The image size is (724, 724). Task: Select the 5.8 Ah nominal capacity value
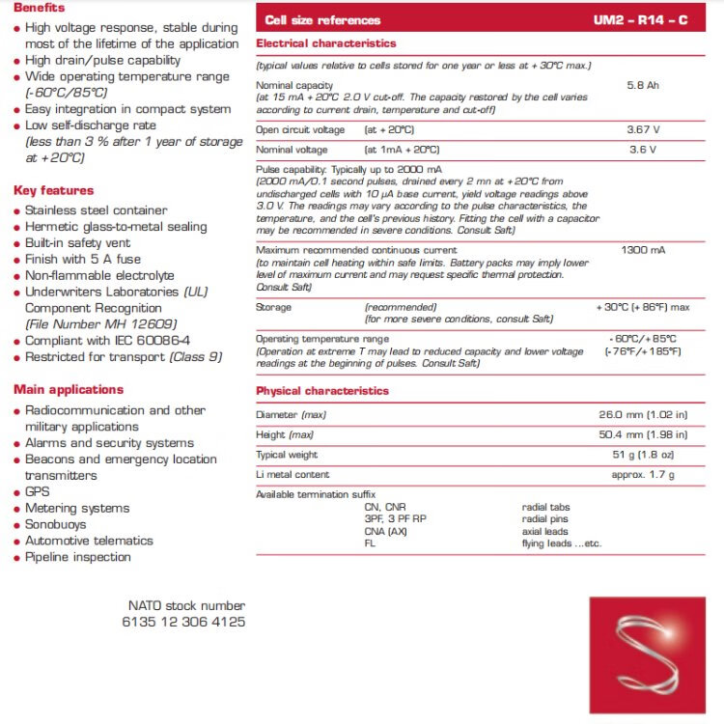[643, 86]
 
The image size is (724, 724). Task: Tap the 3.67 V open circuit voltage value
[643, 129]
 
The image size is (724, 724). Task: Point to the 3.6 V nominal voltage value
[643, 150]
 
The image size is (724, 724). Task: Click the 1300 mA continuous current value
[643, 250]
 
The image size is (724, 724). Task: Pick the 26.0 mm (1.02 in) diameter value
[643, 415]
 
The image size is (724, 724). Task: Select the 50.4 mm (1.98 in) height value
[643, 435]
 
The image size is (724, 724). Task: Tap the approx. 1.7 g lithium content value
[643, 475]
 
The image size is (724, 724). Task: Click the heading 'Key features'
[54, 190]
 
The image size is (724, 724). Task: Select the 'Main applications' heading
[69, 390]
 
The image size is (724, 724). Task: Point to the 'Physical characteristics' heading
[322, 391]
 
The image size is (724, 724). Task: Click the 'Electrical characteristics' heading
[326, 43]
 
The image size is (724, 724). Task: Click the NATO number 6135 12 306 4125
[183, 623]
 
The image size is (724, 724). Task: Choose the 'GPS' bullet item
[38, 492]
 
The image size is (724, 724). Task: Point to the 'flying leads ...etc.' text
[562, 543]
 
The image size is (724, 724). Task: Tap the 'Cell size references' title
[322, 20]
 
